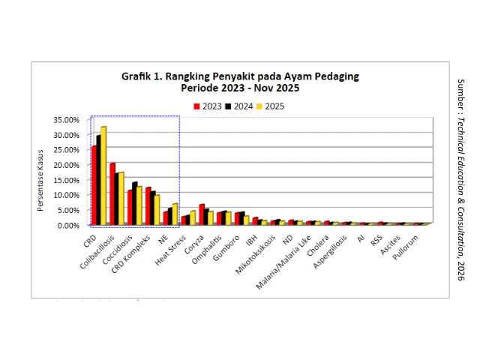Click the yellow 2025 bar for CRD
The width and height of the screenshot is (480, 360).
tap(103, 176)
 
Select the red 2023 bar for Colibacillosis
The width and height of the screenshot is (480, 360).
tap(112, 194)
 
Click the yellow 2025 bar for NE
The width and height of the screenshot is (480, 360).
tap(175, 214)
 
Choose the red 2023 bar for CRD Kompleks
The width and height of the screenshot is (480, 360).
tap(148, 205)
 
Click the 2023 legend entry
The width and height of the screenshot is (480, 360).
tap(208, 106)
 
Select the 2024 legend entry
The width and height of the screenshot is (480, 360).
tap(238, 106)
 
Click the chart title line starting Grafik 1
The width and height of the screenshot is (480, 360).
tap(240, 76)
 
